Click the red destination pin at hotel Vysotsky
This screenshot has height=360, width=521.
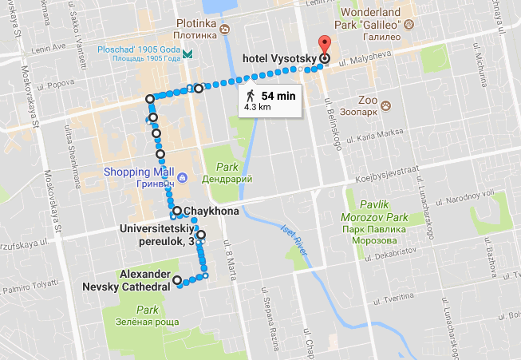click(x=324, y=45)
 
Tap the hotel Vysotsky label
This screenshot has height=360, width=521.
click(x=279, y=57)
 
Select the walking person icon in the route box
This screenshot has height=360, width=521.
click(x=251, y=95)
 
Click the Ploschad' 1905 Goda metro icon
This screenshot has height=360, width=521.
click(x=187, y=53)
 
